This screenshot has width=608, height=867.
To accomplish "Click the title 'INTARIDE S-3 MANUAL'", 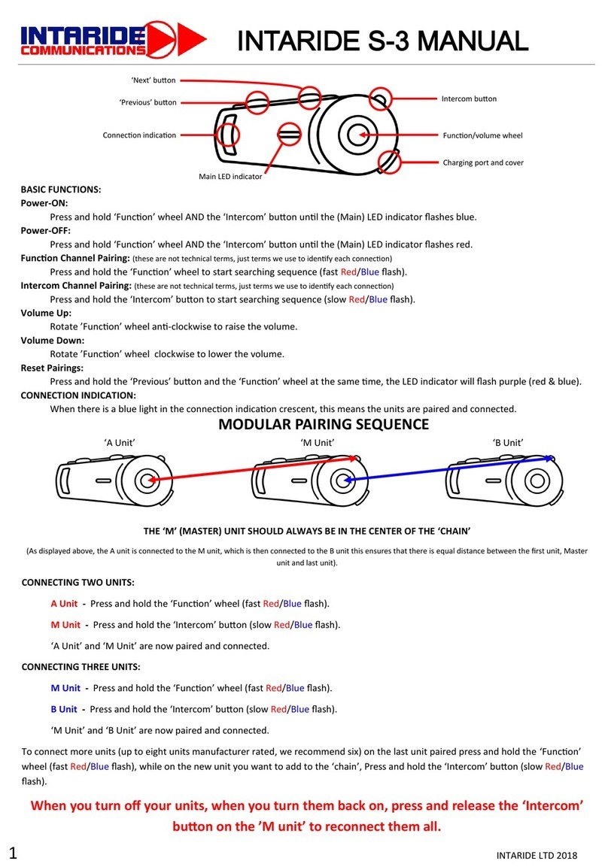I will (x=383, y=41).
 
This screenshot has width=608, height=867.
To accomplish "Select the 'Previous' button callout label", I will (x=147, y=102).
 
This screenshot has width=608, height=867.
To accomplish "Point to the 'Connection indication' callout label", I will (x=139, y=135).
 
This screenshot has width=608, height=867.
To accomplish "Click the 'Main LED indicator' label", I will (x=230, y=177).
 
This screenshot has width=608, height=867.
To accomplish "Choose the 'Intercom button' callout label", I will (x=469, y=99).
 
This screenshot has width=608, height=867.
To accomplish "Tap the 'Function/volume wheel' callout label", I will (x=482, y=135).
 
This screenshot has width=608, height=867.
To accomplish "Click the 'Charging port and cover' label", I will (x=482, y=162).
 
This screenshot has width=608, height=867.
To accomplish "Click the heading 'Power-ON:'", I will (x=44, y=203).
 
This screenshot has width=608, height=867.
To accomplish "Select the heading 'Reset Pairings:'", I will (x=52, y=368).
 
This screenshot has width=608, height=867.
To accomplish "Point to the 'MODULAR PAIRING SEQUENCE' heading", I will (x=324, y=425).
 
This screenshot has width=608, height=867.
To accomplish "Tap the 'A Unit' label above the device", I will (x=119, y=443).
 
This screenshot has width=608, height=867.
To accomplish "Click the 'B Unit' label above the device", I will (x=508, y=443).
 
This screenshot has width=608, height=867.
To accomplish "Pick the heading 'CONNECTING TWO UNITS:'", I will (x=78, y=582).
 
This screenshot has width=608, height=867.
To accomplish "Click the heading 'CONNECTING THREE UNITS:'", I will (x=81, y=667).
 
